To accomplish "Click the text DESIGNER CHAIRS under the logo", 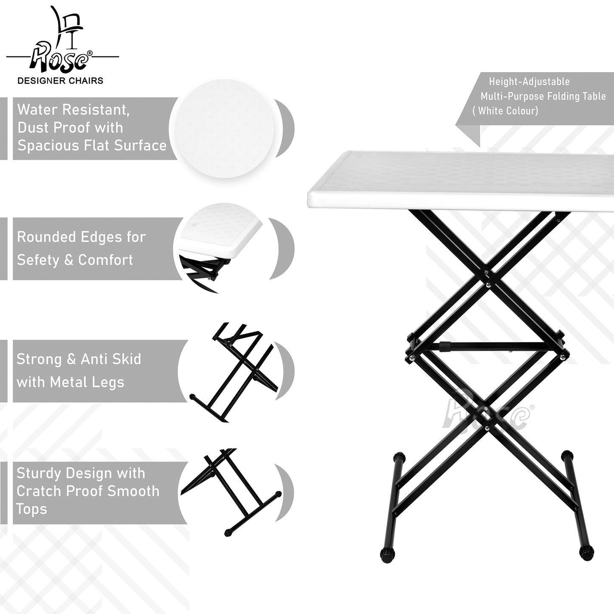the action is pos(60,81).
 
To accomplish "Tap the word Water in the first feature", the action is pos(38,110).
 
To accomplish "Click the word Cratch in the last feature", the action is pos(36,491).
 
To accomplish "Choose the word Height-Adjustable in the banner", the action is pos(529,82).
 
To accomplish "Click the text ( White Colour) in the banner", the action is pos(505,111).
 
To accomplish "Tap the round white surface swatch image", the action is pos(225,128).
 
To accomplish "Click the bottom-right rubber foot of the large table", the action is pos(586,553).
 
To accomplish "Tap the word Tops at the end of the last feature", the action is pos(31,509).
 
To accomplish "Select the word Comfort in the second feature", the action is pos(105,260).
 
